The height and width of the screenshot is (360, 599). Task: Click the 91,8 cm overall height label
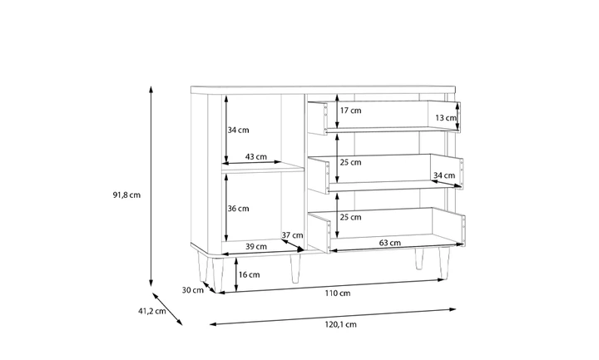126,195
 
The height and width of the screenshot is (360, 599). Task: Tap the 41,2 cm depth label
152,311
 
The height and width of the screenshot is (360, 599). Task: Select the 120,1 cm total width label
341,324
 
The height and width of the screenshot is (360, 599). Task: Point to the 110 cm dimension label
338,293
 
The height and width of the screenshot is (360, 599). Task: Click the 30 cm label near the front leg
193,290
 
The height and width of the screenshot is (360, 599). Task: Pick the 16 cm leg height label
249,274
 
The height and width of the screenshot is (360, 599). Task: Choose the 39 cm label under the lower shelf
256,246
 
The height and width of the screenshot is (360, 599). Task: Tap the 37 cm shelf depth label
292,235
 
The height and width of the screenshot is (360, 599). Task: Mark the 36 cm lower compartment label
239,209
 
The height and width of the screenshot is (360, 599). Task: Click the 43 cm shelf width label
256,156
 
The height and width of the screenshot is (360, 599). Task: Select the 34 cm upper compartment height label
239,130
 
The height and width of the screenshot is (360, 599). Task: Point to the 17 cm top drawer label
351,111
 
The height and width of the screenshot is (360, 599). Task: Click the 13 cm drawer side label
446,117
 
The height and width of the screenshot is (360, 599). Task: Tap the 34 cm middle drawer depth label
444,175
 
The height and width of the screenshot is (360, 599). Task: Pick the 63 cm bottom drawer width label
390,243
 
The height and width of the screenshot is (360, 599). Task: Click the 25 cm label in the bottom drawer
351,217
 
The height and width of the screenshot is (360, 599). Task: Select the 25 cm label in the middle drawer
351,162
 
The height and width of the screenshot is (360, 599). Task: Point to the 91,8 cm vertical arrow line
151,186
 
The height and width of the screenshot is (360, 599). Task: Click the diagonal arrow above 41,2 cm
168,308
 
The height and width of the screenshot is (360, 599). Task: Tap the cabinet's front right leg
444,263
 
